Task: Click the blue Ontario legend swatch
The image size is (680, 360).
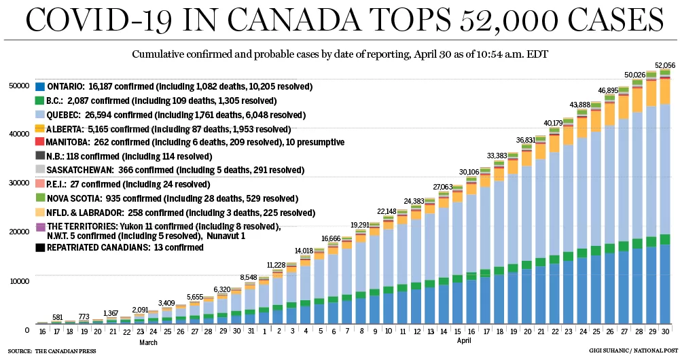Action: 40,87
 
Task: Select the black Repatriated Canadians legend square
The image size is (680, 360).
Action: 40,248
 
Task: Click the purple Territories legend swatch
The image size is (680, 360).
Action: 40,227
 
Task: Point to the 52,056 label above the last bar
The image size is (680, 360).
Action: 665,65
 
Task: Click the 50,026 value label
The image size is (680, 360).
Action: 635,75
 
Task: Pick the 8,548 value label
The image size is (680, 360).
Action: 249,278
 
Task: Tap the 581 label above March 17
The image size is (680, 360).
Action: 58,317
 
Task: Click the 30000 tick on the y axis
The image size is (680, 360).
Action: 18,183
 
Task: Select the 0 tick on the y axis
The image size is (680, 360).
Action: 27,331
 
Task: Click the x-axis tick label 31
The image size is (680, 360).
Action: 250,331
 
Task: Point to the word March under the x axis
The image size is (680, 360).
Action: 148,342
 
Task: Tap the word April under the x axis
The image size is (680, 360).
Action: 463,340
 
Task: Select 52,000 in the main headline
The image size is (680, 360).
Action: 508,20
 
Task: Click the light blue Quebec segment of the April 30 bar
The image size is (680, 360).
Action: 665,169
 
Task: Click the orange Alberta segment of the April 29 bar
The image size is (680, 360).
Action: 651,93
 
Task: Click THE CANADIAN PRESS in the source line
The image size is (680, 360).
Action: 66,351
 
